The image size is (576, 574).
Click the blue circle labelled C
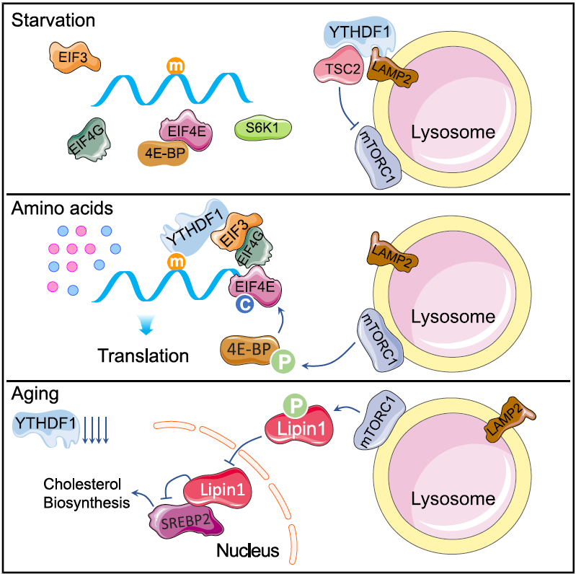[x=244, y=306]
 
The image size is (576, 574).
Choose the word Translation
[x=143, y=356]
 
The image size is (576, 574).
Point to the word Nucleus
[x=248, y=552]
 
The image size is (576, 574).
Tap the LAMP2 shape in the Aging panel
[x=503, y=420]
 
